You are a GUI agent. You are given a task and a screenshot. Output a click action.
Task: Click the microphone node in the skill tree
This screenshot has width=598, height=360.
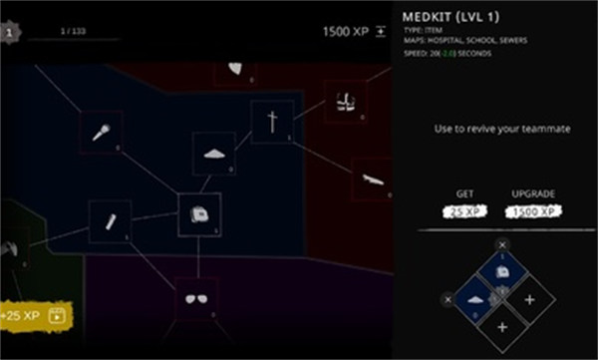101,131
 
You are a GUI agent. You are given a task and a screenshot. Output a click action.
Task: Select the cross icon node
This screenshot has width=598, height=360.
271,123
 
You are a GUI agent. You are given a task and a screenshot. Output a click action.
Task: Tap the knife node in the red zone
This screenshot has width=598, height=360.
373,180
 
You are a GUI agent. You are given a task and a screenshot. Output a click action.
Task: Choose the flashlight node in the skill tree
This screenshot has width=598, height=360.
110,220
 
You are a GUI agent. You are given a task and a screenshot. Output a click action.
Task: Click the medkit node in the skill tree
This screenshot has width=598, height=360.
198,213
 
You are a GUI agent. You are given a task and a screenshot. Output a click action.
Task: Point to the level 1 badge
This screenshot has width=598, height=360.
9,32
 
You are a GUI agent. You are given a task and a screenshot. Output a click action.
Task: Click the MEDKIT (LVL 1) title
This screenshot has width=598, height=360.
448,16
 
